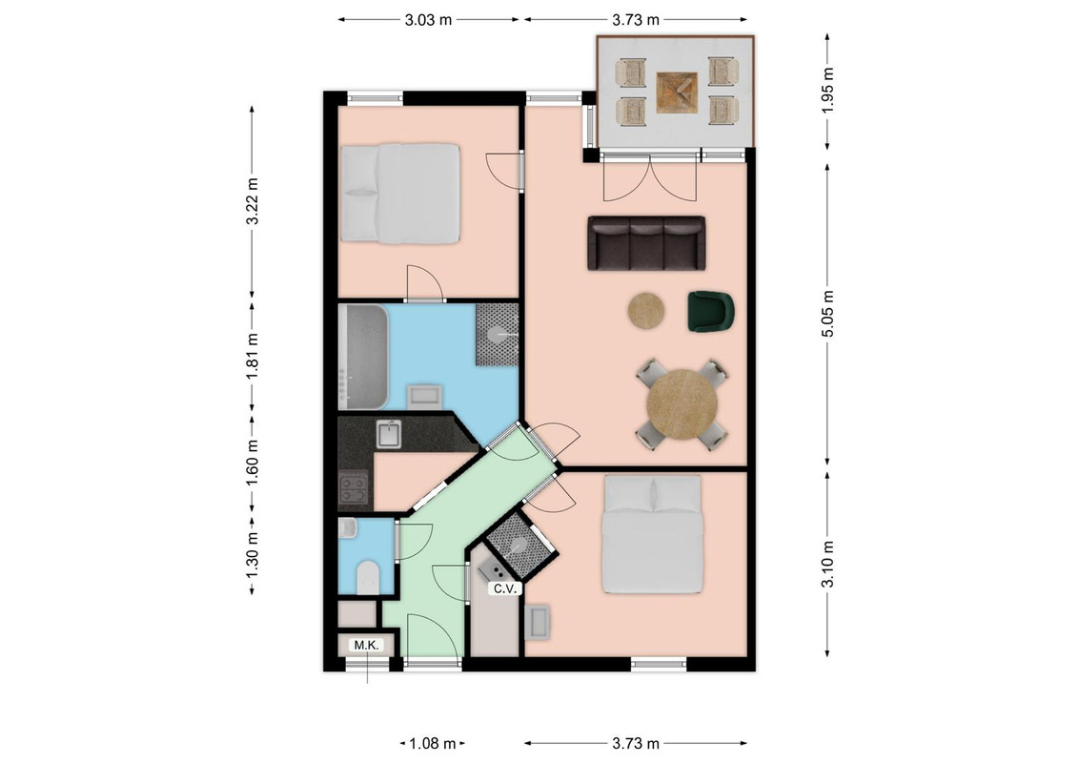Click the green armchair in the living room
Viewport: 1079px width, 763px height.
click(711, 311)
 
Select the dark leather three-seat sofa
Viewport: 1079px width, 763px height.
click(646, 243)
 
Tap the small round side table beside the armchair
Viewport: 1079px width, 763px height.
click(646, 311)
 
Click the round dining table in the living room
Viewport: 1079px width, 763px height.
click(682, 405)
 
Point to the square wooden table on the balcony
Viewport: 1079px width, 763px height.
click(678, 93)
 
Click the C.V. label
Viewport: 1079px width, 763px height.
click(505, 589)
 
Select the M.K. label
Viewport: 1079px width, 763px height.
click(367, 646)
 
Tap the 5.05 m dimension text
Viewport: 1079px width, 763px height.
click(827, 314)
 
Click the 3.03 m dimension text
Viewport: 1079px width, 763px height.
click(428, 20)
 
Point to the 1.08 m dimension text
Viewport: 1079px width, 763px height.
click(433, 744)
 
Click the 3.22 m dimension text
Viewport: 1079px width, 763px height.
click(253, 201)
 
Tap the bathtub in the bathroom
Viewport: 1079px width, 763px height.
click(363, 358)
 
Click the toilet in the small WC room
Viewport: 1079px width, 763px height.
click(368, 577)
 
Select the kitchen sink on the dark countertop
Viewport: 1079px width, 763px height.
click(389, 435)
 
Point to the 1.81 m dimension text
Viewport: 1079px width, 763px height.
click(253, 356)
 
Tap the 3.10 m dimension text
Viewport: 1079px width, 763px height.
click(827, 564)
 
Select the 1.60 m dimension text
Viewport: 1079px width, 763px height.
click(253, 463)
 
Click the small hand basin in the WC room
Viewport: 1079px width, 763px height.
click(347, 527)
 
